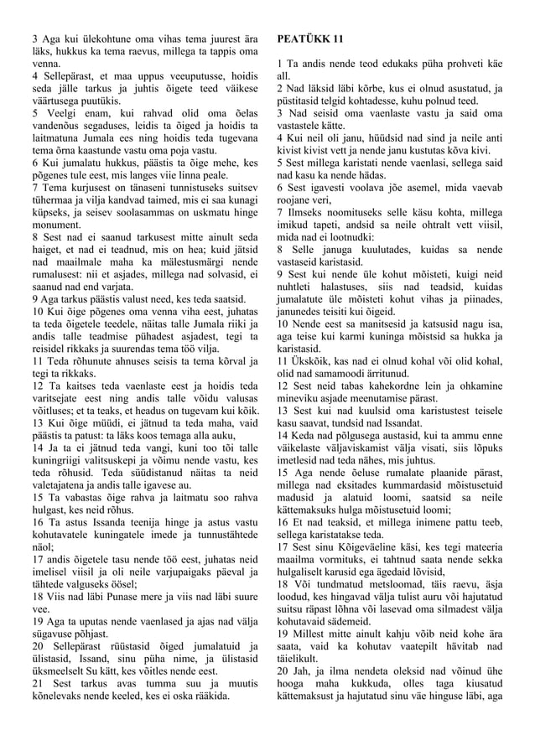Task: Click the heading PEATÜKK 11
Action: tap(309, 39)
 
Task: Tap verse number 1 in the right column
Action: tap(278, 64)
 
